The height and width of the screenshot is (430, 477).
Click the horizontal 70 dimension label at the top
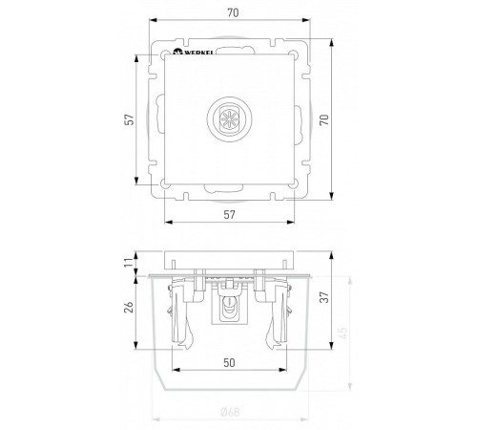[x=233, y=12]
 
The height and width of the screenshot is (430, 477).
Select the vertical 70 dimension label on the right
[x=324, y=119]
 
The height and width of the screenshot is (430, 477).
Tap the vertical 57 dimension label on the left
[x=130, y=119]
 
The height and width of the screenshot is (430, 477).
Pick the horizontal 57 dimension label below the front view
[x=229, y=215]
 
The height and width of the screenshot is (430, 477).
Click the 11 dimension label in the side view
[x=129, y=263]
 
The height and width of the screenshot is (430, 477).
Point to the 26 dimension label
[x=129, y=307]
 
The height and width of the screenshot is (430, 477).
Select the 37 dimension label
[x=324, y=297]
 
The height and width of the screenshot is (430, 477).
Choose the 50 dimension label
[x=229, y=362]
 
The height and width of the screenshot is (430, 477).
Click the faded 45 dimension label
[x=343, y=333]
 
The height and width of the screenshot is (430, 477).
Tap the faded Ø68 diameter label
[x=230, y=412]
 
